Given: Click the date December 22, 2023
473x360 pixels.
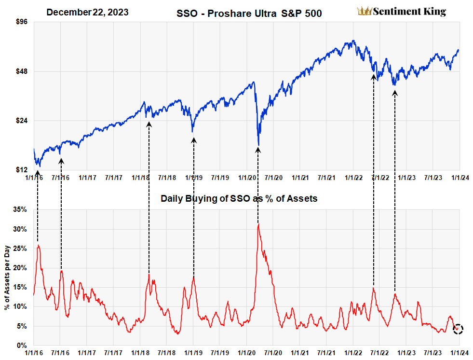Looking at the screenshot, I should click(87, 12).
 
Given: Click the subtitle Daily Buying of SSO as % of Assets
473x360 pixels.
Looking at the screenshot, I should click(239, 198).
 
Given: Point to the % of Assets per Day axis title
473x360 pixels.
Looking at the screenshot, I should click(7, 277).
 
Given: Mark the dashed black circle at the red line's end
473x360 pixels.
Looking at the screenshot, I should click(458, 329).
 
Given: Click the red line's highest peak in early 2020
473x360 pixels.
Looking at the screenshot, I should click(258, 224).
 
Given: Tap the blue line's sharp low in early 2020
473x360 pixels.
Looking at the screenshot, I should click(258, 145).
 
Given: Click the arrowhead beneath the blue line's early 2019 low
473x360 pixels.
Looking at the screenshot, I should click(194, 140).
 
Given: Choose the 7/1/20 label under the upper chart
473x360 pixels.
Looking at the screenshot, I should click(272, 178).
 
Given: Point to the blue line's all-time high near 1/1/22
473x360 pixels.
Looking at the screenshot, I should click(353, 41).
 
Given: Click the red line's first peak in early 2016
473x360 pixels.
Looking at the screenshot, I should click(38, 246).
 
